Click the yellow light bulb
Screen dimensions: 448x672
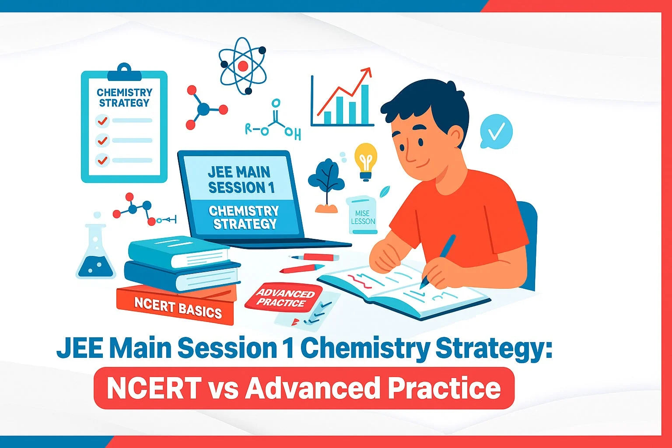click(365, 158)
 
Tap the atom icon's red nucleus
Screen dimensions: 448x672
click(243, 66)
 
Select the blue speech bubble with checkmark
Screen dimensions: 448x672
click(496, 131)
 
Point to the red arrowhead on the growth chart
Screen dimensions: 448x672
click(366, 72)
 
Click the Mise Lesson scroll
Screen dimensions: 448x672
click(362, 215)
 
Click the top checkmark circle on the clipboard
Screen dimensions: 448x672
click(102, 120)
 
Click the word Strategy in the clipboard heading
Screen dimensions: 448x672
click(124, 103)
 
